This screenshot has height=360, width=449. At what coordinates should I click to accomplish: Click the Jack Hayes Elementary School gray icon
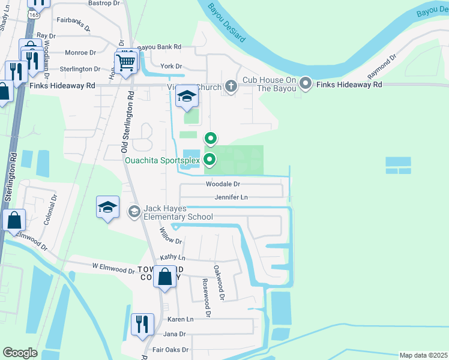[x=134, y=211]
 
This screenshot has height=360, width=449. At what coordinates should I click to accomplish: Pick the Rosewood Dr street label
[x=206, y=297]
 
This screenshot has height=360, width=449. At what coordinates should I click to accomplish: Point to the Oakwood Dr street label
[x=218, y=283]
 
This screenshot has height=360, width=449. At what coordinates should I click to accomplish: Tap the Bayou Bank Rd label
[x=159, y=47]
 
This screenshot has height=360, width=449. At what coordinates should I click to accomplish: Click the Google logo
[x=20, y=352]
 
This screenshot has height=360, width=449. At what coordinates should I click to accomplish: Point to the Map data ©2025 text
[x=423, y=355]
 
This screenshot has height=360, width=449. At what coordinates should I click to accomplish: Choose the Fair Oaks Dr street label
[x=170, y=349]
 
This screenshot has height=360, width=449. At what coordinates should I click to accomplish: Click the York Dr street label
[x=170, y=66]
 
